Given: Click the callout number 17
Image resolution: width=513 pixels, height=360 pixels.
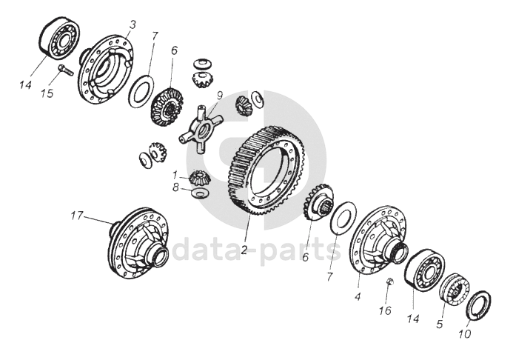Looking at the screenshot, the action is [x=77, y=216].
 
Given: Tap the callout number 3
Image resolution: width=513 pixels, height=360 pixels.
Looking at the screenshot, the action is [x=133, y=25].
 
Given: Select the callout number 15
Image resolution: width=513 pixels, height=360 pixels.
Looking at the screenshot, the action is [x=47, y=93].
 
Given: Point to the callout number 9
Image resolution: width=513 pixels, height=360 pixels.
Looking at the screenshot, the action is [x=220, y=96].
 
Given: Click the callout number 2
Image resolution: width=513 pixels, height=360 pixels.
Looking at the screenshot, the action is [x=244, y=250].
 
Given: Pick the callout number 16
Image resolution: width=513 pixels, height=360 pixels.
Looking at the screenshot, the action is [x=386, y=310].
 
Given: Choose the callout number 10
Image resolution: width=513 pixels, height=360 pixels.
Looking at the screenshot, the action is [x=465, y=334].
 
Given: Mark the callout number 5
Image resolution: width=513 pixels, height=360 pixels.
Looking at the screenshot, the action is [x=440, y=324].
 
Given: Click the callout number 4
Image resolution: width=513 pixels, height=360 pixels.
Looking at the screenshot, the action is [x=358, y=297].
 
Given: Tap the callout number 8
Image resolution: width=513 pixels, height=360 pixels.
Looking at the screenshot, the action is [x=176, y=188].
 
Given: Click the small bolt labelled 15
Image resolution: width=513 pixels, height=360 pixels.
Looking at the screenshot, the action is [x=65, y=70].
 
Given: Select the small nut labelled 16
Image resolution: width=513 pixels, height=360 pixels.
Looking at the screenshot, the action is [x=389, y=281].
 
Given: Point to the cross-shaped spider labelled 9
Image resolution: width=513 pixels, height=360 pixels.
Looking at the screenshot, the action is [x=200, y=128].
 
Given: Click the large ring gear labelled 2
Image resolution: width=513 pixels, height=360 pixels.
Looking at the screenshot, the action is [x=266, y=170].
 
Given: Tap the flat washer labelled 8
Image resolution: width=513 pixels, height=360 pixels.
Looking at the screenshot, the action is [x=198, y=193].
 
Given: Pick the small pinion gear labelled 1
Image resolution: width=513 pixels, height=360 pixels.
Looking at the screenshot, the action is [x=200, y=178].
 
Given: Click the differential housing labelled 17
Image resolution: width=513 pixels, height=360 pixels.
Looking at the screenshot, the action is [x=139, y=243].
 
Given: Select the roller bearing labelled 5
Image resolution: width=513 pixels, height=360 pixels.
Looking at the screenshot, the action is [x=455, y=290].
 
